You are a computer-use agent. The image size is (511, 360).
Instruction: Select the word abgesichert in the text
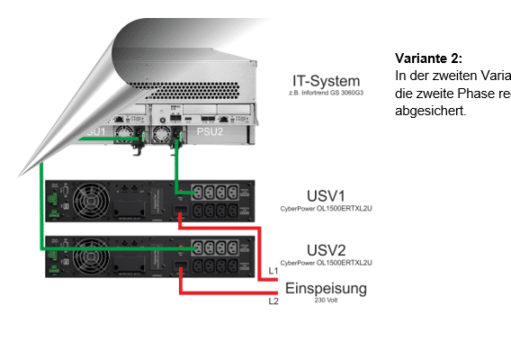pos(431,111)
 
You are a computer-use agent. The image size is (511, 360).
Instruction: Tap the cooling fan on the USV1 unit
pos(94,201)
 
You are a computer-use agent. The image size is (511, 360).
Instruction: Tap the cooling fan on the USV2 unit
pos(94,256)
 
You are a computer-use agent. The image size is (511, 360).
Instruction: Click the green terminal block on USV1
pos(54,197)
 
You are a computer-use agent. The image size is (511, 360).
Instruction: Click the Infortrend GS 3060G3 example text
pos(319,94)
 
